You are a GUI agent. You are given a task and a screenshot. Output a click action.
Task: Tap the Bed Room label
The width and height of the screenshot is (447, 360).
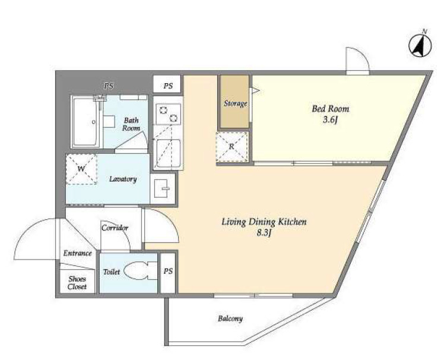coord(331,109)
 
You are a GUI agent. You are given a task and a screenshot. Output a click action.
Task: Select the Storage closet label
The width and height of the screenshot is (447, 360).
coord(235,103)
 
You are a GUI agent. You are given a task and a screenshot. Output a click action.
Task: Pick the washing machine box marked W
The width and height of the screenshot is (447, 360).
coord(81,169)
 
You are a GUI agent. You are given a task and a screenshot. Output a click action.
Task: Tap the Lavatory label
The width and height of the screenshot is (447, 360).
coord(123,179)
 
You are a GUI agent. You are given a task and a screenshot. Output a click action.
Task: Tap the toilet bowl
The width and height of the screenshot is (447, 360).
coord(140,272)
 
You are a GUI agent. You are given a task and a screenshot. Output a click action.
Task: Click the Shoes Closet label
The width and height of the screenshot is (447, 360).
coord(76,283)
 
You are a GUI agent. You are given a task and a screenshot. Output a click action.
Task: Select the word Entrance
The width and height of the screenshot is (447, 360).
coord(78,254)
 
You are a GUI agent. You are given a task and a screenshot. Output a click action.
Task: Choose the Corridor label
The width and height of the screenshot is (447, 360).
coord(115,228)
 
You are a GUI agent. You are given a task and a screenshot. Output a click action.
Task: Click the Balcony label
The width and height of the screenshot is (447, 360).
coord(229,319)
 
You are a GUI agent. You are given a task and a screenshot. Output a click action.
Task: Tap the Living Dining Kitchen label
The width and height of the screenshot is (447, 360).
coord(264,222)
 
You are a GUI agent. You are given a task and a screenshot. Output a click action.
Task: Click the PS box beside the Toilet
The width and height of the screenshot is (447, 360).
coord(168,272)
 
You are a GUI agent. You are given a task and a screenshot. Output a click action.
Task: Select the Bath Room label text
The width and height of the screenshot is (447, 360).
coord(131,124)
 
